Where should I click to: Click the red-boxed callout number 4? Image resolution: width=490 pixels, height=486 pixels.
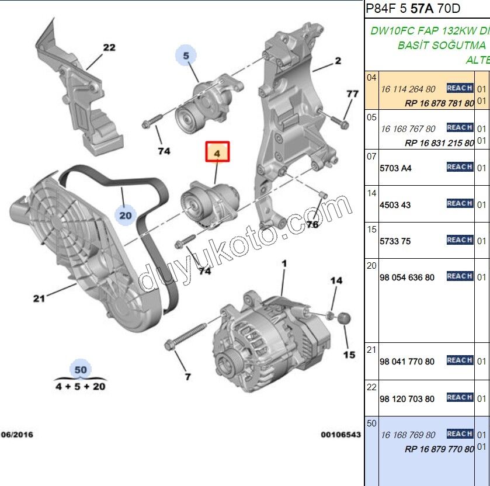[217, 153]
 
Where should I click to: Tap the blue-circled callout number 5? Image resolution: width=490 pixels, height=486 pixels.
[186, 56]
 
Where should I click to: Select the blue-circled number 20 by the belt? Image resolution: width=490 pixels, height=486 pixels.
[125, 215]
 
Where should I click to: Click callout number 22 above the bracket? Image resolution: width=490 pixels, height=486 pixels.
[109, 48]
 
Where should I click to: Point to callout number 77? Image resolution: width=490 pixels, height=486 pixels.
[352, 93]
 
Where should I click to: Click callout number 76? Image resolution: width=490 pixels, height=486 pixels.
[312, 224]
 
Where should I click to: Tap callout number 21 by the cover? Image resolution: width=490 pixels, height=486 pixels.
[39, 298]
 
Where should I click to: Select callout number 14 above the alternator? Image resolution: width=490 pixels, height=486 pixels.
[336, 281]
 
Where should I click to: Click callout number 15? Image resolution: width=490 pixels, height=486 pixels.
[349, 354]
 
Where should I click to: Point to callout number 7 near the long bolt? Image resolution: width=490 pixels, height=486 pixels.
[187, 377]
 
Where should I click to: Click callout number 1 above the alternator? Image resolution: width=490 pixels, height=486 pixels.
[284, 264]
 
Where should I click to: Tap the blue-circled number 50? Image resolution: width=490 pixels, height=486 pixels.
[81, 369]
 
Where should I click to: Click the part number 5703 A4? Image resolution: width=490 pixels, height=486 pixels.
[395, 168]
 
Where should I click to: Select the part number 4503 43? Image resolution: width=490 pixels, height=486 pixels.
[395, 205]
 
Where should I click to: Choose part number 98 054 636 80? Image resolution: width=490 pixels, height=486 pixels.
[407, 277]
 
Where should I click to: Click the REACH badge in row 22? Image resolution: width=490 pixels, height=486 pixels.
[460, 397]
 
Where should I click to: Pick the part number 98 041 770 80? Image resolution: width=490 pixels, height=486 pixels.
[407, 362]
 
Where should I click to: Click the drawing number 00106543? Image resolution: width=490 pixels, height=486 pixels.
[340, 435]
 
